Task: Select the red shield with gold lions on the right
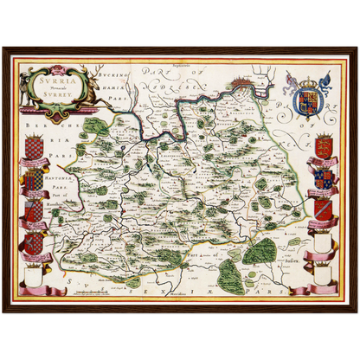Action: [x=325, y=145]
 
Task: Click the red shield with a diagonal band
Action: [x=322, y=209]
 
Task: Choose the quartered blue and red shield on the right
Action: [x=324, y=177]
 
